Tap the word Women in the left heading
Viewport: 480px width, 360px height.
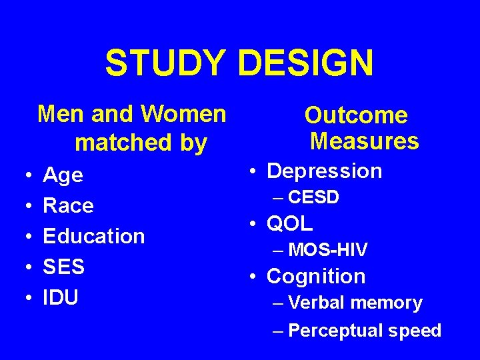point(188,114)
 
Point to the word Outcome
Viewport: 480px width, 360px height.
point(356,115)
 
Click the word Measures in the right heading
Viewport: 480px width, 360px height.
point(364,141)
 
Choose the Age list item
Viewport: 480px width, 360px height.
point(63,175)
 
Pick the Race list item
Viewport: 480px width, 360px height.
point(68,205)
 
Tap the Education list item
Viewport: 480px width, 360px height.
point(93,236)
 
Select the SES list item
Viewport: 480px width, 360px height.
point(63,267)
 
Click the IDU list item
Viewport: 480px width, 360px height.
point(61,297)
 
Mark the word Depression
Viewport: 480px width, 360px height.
point(324,171)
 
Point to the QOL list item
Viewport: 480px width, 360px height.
point(289,223)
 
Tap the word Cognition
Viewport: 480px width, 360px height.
point(316,276)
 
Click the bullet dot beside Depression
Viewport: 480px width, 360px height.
point(255,171)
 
